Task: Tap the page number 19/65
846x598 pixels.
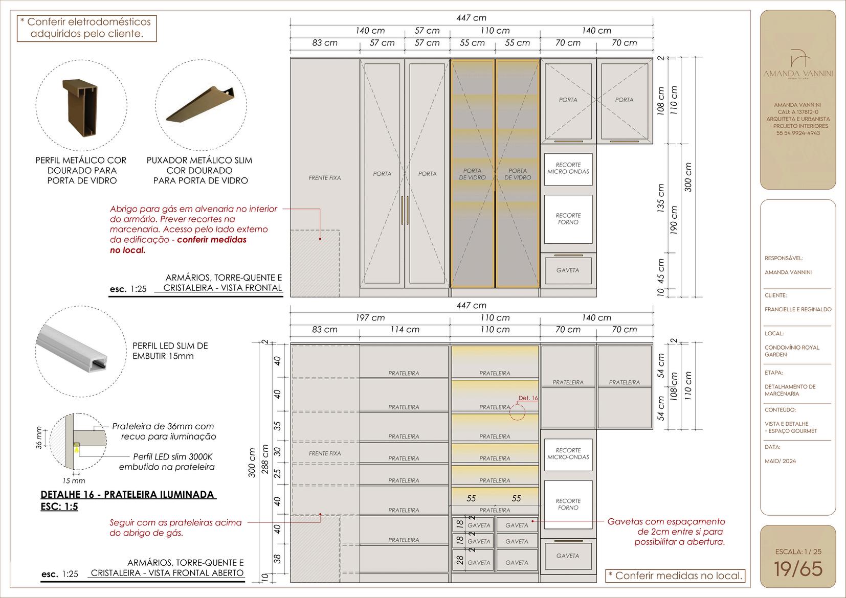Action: point(797,569)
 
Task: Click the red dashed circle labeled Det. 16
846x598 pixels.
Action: point(517,412)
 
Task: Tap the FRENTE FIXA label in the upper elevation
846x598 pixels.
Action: point(324,178)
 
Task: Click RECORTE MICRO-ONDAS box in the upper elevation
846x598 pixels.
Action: point(568,168)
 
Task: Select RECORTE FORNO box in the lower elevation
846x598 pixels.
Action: point(568,504)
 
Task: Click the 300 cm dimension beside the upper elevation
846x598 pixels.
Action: point(688,177)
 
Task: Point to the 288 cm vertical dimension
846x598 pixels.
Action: point(265,459)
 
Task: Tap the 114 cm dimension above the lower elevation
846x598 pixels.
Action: point(405,330)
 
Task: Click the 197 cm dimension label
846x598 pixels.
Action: point(370,318)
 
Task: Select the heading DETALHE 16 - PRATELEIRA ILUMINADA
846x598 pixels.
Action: point(128,495)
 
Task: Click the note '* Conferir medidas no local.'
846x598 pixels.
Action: point(675,576)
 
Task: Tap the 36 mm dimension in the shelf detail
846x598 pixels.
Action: point(39,438)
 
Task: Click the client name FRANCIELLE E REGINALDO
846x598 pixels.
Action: point(797,309)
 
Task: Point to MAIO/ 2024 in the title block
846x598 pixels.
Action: point(780,461)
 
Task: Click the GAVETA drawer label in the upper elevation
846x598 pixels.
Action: point(568,270)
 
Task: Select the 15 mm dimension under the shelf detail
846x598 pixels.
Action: point(74,480)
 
